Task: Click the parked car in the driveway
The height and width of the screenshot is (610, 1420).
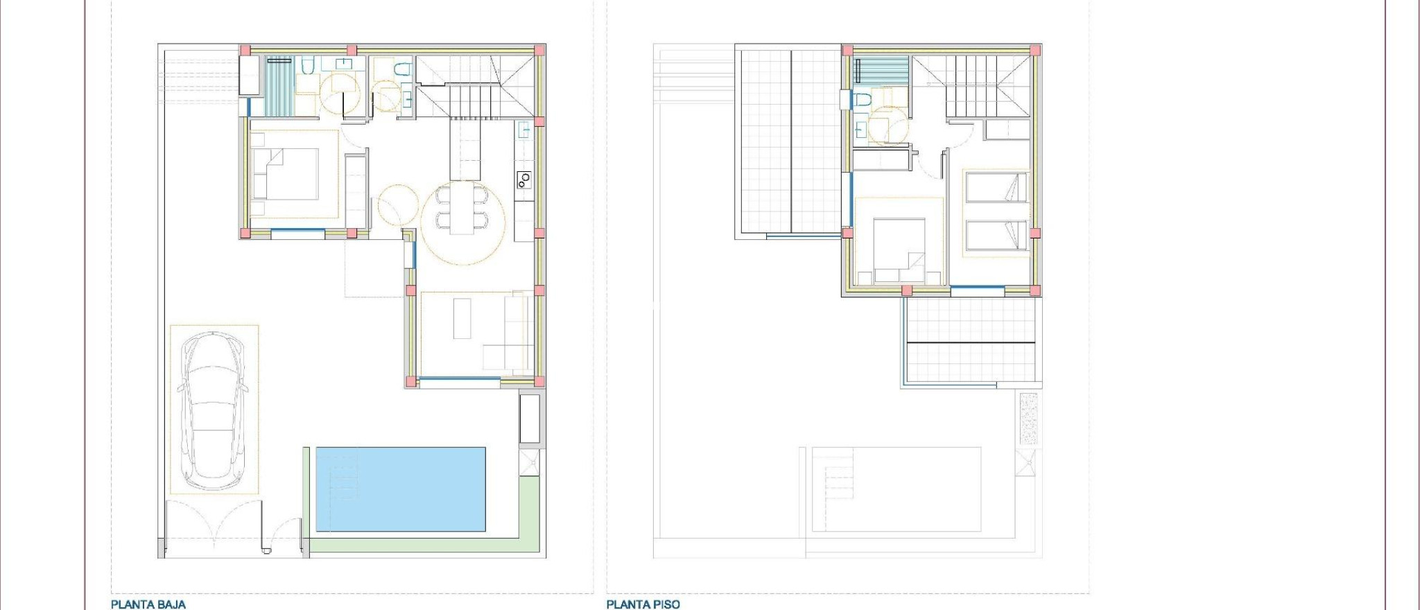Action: (213, 410)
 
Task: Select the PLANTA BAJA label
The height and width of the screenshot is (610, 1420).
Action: (148, 604)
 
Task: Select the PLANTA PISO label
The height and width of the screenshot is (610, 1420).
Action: (643, 604)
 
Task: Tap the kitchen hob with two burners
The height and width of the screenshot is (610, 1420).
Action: (523, 180)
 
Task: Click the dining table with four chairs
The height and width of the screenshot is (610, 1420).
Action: (462, 208)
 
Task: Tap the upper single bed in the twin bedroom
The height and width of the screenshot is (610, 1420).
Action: (996, 187)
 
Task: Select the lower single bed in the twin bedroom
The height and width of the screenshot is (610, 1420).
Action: (996, 235)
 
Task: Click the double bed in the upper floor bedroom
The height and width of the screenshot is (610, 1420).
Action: (899, 250)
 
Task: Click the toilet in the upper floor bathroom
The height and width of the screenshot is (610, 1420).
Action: (862, 101)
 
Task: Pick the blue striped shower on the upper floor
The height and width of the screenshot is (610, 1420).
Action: (881, 71)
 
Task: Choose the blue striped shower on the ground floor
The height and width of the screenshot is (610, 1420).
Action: (280, 86)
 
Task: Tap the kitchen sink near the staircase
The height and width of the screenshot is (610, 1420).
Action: (523, 129)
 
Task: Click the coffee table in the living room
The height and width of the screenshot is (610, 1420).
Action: (462, 318)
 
